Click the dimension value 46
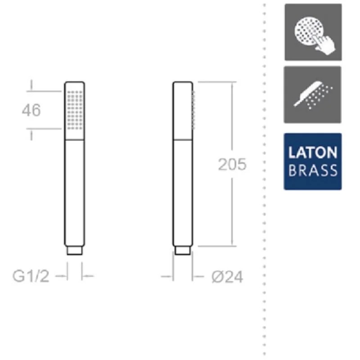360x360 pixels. pyautogui.click(x=31, y=110)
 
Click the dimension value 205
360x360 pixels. pyautogui.click(x=232, y=164)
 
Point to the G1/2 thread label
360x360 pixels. pyautogui.click(x=31, y=276)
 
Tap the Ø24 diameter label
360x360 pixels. pyautogui.click(x=227, y=277)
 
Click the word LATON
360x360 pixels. pyautogui.click(x=312, y=153)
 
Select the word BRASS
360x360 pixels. pyautogui.click(x=313, y=171)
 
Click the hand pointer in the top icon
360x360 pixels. pyautogui.click(x=324, y=44)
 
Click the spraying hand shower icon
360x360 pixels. pyautogui.click(x=312, y=94)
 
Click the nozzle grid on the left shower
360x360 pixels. pyautogui.click(x=75, y=110)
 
